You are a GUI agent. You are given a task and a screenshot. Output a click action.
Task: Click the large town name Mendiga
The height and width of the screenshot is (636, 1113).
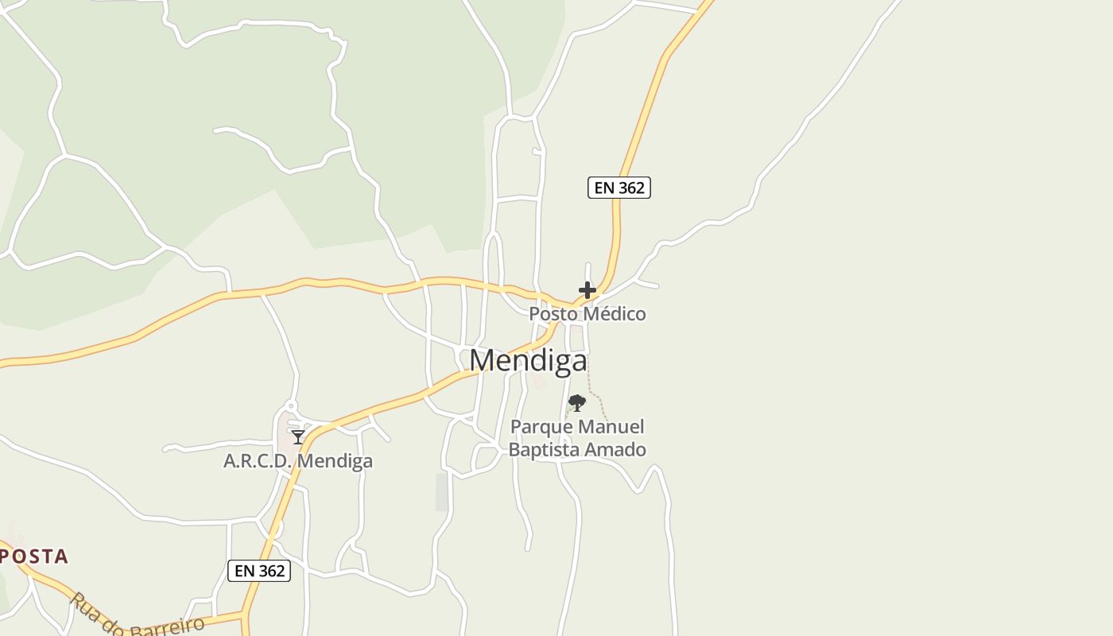click(x=528, y=361)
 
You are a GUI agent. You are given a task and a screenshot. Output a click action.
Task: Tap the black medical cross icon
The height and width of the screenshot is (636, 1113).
click(x=588, y=290)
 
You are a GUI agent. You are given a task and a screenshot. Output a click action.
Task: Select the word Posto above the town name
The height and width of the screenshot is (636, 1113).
click(x=552, y=314)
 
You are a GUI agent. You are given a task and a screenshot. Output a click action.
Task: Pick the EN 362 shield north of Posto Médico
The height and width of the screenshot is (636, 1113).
click(x=619, y=188)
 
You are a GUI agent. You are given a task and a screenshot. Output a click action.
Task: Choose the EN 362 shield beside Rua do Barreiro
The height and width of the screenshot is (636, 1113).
click(x=259, y=571)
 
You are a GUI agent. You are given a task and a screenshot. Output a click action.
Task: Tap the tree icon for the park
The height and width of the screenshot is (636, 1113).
click(x=577, y=403)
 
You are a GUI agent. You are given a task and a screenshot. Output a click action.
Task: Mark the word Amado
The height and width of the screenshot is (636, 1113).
click(x=615, y=450)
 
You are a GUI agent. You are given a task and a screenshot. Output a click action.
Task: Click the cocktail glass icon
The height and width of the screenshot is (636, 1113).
click(x=298, y=437)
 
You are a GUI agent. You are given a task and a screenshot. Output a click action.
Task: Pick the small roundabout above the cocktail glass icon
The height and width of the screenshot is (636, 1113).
click(x=291, y=405)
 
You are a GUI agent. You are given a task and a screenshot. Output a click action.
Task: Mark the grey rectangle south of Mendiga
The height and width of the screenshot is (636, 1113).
click(x=442, y=492)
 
